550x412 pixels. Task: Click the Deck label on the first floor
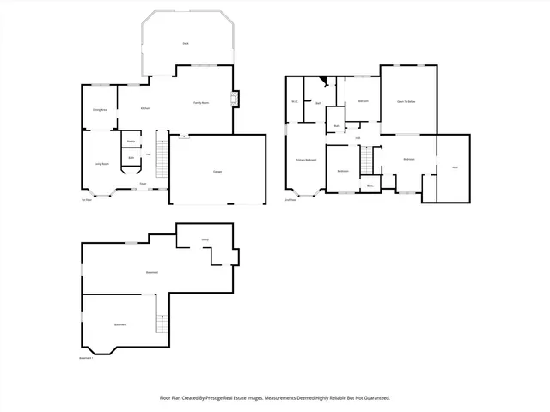pos(186,43)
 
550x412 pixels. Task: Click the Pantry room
pos(131,142)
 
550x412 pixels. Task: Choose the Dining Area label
pos(100,110)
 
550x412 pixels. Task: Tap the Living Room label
pos(101,163)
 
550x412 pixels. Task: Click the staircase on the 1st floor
pos(160,152)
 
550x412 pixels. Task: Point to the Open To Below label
pos(406,102)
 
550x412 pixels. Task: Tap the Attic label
pos(455,167)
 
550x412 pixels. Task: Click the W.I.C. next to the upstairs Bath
pos(295,102)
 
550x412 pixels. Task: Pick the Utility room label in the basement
pos(205,239)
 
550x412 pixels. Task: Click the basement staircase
pos(160,323)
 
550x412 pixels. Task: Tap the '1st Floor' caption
pos(86,199)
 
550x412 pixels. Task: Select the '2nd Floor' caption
pos(290,199)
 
